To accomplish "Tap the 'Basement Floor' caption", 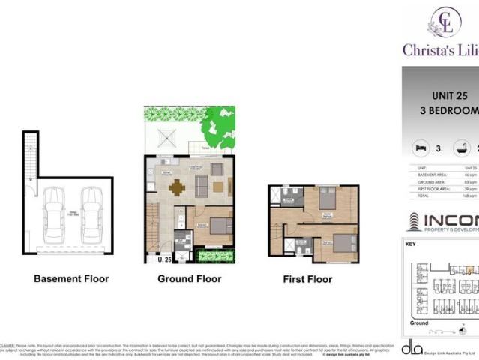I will tap(71, 279).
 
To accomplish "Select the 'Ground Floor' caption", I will tap(189, 279).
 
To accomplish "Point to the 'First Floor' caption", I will tap(307, 279).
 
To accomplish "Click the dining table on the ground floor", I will tap(177, 187).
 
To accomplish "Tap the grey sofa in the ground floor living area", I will tap(201, 184).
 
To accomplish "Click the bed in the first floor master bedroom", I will tap(328, 199).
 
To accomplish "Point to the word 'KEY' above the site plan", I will tap(410, 244).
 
